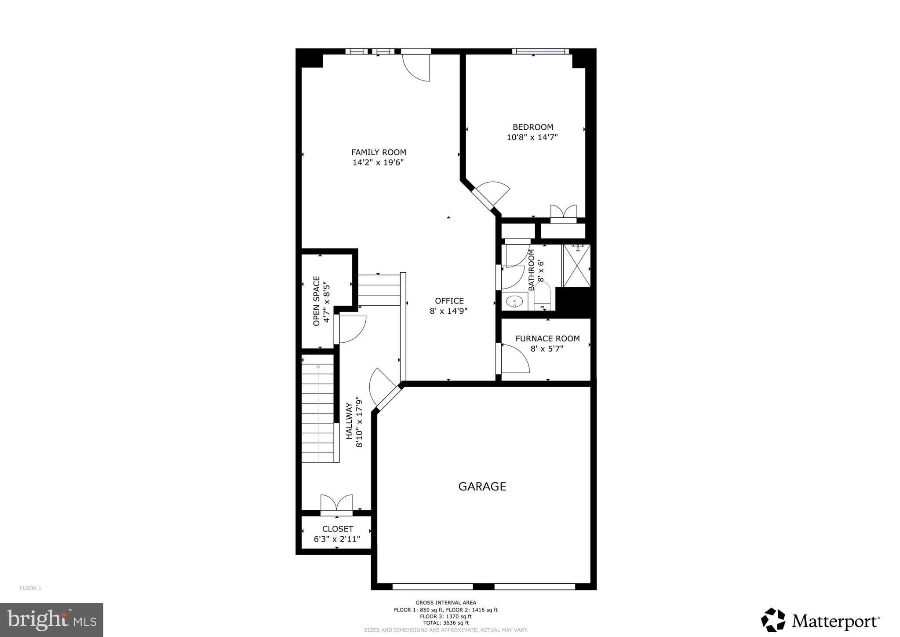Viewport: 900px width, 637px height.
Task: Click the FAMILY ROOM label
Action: [379, 152]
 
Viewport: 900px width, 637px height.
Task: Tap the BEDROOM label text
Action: [532, 127]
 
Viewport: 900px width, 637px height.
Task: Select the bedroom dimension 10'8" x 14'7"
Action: [532, 137]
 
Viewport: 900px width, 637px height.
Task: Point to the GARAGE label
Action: [482, 486]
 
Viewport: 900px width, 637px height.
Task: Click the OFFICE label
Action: [449, 301]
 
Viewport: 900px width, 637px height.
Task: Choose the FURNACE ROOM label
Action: [547, 338]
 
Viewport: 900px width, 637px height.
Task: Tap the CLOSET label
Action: [337, 529]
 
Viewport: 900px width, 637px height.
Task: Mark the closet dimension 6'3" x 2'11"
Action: [337, 539]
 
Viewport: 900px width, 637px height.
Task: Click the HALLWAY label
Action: [350, 421]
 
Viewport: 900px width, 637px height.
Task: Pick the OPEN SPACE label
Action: [317, 301]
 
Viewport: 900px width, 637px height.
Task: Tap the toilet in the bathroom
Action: [542, 296]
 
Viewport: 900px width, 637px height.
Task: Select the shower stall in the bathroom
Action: [576, 266]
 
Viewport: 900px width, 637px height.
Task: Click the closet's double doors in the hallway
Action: [336, 504]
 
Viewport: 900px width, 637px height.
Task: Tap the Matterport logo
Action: [820, 621]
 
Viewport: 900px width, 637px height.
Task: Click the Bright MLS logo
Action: [52, 620]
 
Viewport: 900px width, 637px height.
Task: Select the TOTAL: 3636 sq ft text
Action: [445, 622]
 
